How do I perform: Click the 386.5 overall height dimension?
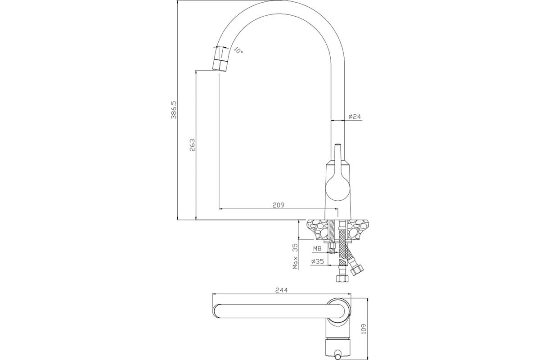pyautogui.click(x=174, y=110)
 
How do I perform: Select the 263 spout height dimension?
pyautogui.click(x=193, y=145)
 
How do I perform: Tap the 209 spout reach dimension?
pyautogui.click(x=279, y=205)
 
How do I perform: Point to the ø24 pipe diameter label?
pyautogui.click(x=355, y=117)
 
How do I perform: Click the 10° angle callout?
pyautogui.click(x=238, y=50)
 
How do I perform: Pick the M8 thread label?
pyautogui.click(x=317, y=248)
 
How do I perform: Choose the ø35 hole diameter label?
pyautogui.click(x=318, y=261)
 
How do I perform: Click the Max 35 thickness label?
pyautogui.click(x=295, y=256)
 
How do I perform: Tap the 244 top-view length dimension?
pyautogui.click(x=282, y=290)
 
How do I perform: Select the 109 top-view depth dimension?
pyautogui.click(x=364, y=328)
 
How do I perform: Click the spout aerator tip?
pyautogui.click(x=220, y=64)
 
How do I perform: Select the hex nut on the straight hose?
pyautogui.click(x=342, y=279)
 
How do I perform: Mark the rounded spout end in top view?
pyautogui.click(x=217, y=311)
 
